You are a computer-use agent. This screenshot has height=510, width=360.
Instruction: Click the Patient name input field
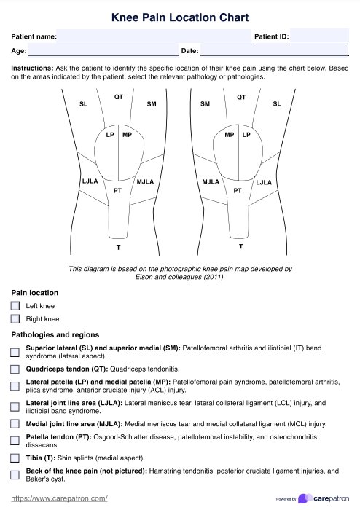(154, 36)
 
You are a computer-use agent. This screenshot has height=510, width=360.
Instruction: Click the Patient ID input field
(319, 36)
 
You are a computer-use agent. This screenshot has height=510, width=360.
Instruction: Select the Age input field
(103, 50)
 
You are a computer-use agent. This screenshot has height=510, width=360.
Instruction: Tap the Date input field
(274, 50)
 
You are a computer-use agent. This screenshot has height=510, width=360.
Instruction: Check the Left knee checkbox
(15, 306)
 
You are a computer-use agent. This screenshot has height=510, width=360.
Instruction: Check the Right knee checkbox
(15, 319)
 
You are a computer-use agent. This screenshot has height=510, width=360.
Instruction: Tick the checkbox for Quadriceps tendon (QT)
(15, 369)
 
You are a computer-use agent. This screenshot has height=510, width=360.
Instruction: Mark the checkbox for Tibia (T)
(15, 458)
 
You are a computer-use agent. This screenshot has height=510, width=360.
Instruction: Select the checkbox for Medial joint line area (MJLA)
(15, 424)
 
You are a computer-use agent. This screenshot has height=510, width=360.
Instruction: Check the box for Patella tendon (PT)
(15, 441)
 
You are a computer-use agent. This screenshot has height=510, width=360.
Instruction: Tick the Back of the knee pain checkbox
(15, 475)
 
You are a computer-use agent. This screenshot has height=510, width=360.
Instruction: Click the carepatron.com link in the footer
(59, 498)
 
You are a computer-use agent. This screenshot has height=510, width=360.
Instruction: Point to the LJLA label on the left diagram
(90, 181)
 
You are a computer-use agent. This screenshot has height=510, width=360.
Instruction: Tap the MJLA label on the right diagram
(211, 182)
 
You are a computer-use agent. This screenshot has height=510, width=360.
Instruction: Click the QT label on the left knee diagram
(119, 97)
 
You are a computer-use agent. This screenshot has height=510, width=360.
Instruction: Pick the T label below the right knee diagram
(240, 246)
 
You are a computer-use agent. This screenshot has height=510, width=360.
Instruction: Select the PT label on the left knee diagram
(118, 191)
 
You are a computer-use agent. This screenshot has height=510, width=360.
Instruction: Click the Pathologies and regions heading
(55, 334)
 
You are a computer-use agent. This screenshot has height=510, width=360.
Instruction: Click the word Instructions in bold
(32, 68)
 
